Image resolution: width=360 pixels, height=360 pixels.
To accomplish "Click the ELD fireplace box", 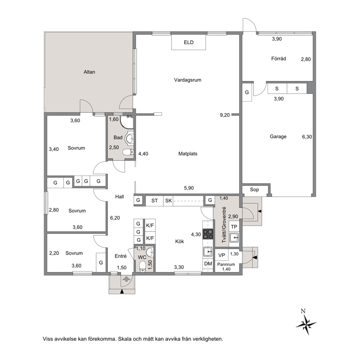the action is tap(188, 42).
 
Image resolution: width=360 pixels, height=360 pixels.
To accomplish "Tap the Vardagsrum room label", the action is tap(188, 80).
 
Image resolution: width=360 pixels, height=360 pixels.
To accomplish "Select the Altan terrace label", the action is tap(89, 72).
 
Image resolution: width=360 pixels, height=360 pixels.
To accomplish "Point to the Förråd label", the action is tap(278, 58).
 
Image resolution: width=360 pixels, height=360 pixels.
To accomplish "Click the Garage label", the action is tap(278, 136).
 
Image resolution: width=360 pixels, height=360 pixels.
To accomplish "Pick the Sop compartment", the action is tap(254, 190).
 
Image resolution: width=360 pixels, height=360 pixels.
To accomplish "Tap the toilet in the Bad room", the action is tap(128, 152).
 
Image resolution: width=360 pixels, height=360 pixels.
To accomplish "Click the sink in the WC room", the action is tap(150, 252).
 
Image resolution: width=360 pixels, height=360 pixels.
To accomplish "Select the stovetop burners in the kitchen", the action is tap(208, 234).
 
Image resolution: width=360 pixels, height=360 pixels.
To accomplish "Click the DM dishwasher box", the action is tap(208, 263).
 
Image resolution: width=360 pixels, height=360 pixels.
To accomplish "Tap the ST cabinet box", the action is tap(155, 201).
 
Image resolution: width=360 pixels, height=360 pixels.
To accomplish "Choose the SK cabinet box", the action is tap(168, 201).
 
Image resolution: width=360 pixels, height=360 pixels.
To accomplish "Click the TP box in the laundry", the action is tap(234, 227).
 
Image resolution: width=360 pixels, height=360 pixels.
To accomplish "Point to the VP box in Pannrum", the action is tap(222, 255).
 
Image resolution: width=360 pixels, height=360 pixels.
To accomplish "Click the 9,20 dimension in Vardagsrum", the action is tap(225, 115).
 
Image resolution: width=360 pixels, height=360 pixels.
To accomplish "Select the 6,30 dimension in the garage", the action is tap(307, 137).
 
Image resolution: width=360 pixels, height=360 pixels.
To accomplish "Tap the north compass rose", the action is tap(306, 324).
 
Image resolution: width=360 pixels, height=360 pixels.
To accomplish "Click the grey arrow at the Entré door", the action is tap(126, 279).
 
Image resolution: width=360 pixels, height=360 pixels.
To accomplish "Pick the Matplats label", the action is tap(188, 154).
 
